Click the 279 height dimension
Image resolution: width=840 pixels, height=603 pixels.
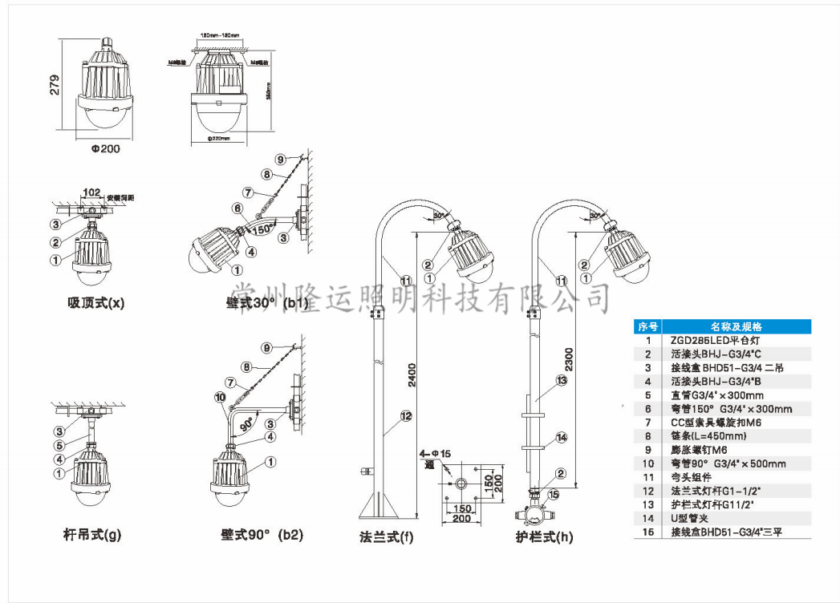point(55,85)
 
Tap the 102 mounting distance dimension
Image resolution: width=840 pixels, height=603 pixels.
point(91,192)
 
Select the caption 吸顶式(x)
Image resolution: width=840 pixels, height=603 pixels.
point(96,302)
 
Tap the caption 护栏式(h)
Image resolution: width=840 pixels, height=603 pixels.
point(544,536)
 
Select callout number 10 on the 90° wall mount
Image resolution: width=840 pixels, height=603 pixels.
point(220,396)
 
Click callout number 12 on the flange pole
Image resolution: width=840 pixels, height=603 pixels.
point(406,415)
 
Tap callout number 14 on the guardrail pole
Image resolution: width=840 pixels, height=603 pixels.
point(562,437)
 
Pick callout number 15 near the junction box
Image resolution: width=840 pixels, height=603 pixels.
point(552,495)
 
